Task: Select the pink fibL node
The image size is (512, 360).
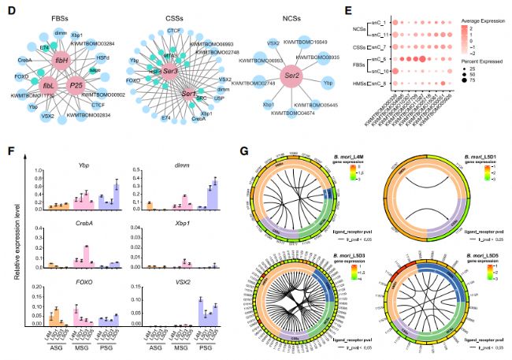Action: tap(49, 86)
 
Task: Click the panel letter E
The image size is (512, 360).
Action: tap(352, 9)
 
